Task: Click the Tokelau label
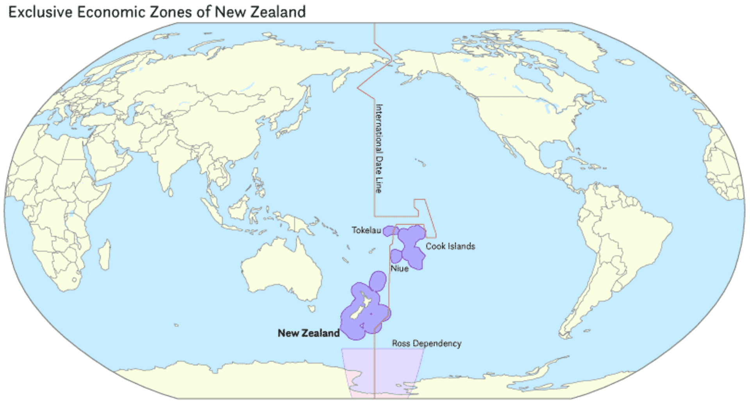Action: [x=366, y=231]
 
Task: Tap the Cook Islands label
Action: [x=450, y=247]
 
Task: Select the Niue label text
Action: [x=399, y=268]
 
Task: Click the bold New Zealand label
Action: [x=309, y=333]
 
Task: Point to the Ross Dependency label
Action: [x=427, y=344]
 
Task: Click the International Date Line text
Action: [x=379, y=149]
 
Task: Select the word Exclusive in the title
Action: [x=40, y=12]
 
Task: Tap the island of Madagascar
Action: [x=105, y=255]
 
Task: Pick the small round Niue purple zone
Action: [x=396, y=256]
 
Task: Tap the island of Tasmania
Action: [x=311, y=309]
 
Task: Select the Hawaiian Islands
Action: [x=421, y=162]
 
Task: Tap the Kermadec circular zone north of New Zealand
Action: [x=378, y=280]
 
